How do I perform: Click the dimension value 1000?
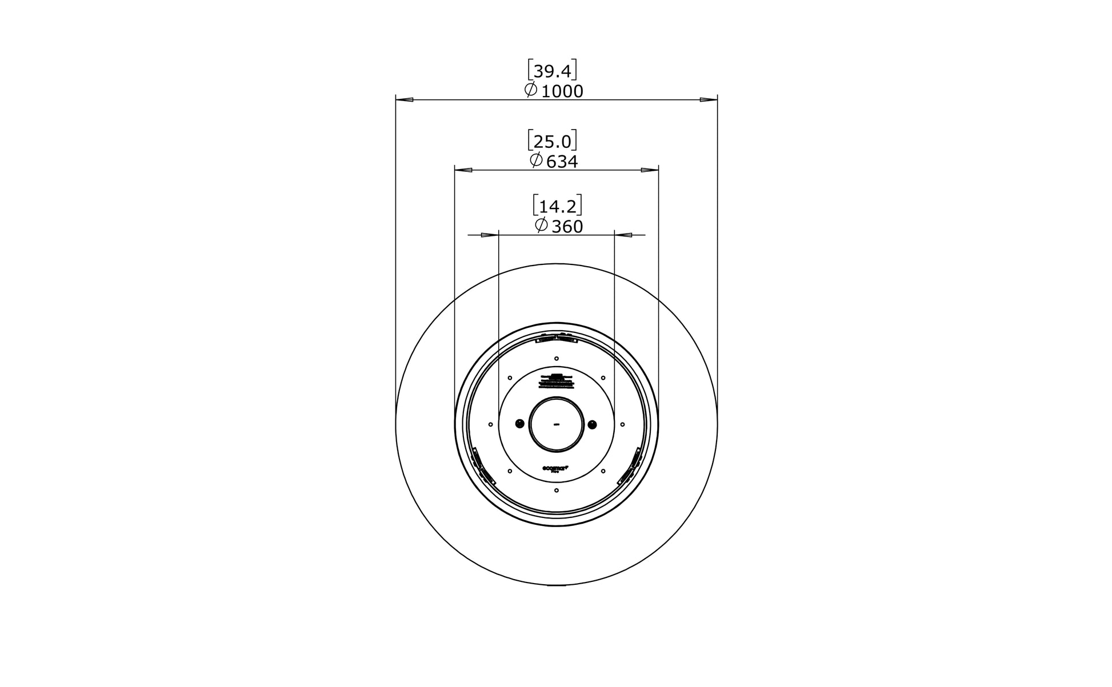562,92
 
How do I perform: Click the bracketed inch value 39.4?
552,71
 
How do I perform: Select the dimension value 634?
562,162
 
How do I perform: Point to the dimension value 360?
567,227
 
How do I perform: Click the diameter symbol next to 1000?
531,90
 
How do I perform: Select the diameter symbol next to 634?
536,160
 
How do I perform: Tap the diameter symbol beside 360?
541,225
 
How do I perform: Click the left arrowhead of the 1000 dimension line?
405,100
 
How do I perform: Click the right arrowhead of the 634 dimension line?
650,170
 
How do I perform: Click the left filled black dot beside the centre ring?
519,424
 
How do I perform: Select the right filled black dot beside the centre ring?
592,424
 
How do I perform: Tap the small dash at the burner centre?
556,424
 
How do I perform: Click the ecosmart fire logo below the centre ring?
555,468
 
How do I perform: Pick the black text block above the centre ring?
556,381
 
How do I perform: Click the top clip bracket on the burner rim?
557,339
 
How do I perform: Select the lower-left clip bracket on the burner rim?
481,468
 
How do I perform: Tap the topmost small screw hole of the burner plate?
557,358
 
